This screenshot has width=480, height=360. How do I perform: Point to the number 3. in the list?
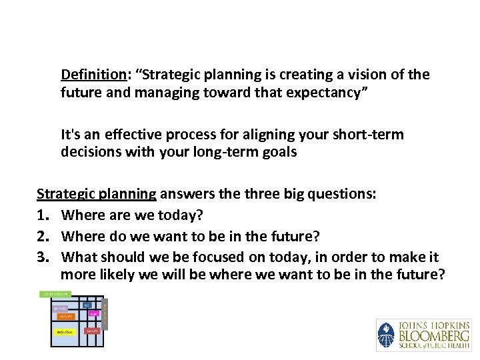coord(42,257)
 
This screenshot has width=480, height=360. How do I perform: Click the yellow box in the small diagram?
coord(65,331)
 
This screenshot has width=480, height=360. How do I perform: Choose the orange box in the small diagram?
coord(65,317)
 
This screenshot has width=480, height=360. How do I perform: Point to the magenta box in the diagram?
coord(94,313)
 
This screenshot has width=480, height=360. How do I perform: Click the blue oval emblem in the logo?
coord(386,335)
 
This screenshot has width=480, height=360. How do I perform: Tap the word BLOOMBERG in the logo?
coord(434,334)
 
